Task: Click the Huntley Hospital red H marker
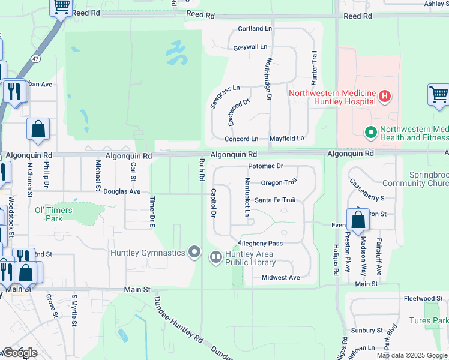385,96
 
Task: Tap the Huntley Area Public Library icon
215,257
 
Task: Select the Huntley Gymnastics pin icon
194,253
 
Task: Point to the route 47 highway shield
37,59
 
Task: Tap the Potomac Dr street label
265,166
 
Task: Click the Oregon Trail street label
279,182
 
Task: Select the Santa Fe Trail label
275,200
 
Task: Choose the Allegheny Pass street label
260,244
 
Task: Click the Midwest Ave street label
280,278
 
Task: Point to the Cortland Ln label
255,28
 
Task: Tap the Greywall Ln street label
250,46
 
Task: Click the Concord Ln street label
241,139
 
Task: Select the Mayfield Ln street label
287,139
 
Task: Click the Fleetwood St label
423,298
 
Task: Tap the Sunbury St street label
367,331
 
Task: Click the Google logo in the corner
20,353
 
